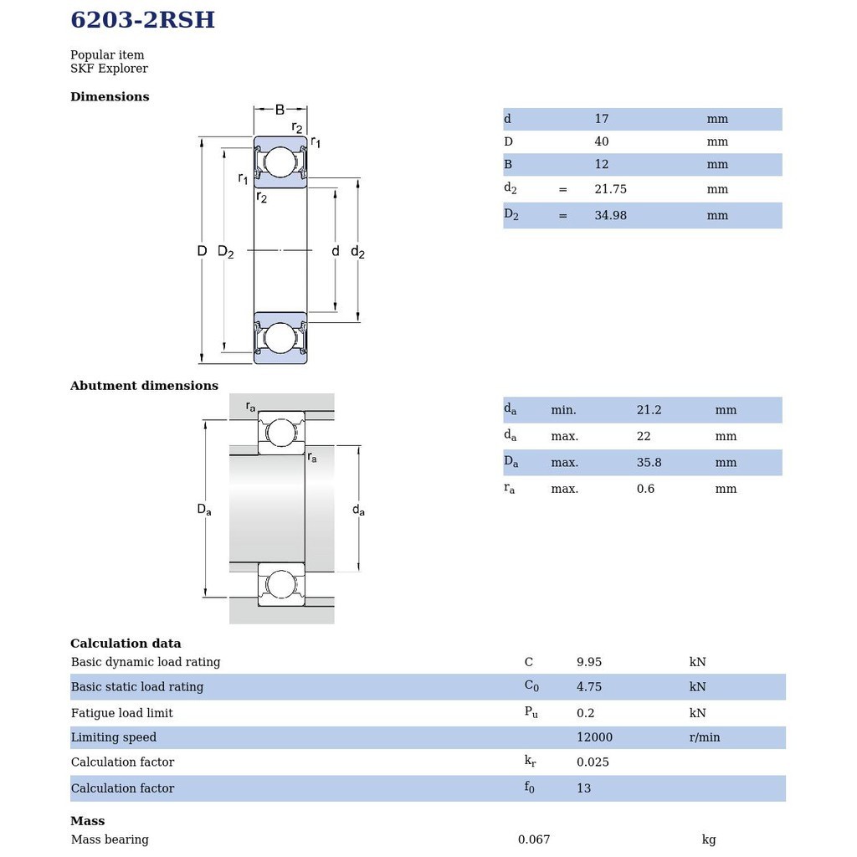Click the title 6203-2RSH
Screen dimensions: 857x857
(142, 20)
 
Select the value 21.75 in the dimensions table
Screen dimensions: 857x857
(610, 189)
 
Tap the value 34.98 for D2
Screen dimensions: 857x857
(610, 215)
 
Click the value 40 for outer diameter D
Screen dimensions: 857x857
(602, 141)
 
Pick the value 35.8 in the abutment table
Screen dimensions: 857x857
(649, 462)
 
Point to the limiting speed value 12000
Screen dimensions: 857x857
(594, 737)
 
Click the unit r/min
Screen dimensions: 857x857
(705, 737)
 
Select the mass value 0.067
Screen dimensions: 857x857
(534, 839)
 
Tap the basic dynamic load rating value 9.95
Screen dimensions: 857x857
(589, 662)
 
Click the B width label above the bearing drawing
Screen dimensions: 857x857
(280, 110)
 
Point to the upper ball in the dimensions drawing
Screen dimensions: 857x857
(280, 162)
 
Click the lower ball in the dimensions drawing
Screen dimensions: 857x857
(280, 337)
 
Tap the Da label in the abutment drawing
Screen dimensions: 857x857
(204, 509)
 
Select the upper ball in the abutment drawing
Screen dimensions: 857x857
(281, 433)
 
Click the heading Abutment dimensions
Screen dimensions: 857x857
(144, 386)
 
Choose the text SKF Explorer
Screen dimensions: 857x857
(109, 69)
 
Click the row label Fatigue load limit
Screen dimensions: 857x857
(122, 713)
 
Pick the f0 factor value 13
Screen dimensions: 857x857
(583, 788)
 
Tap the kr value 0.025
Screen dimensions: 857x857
(593, 762)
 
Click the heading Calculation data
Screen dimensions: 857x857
(126, 644)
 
